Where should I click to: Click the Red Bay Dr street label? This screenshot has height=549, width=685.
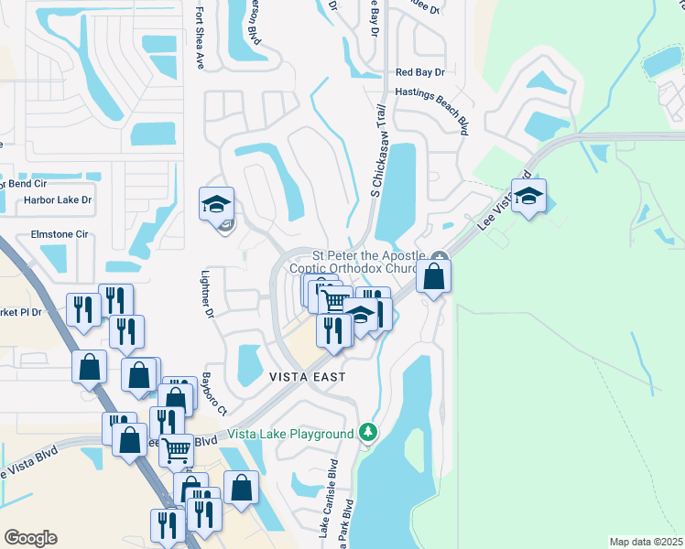click(x=419, y=72)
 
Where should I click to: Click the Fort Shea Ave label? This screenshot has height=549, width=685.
click(x=200, y=39)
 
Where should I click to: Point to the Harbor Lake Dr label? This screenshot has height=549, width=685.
click(x=58, y=199)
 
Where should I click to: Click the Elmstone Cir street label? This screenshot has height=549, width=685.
click(x=59, y=234)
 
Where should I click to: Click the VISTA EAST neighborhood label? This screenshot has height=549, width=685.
click(x=307, y=377)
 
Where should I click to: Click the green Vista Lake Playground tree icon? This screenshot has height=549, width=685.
click(x=367, y=431)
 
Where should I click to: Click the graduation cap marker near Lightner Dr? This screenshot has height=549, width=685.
click(x=217, y=203)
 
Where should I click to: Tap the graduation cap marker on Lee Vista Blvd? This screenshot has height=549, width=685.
click(x=528, y=195)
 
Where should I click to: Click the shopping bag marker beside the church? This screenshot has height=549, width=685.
click(x=433, y=274)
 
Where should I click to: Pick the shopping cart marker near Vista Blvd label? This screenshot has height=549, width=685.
click(x=176, y=449)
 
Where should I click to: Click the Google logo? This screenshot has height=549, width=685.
click(x=30, y=538)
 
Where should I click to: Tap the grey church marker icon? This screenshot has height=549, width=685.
click(x=440, y=257)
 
